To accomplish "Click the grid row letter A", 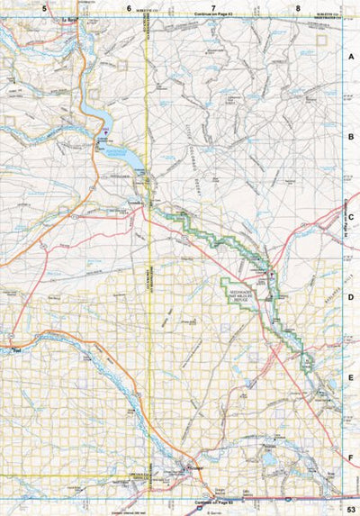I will (x=351, y=56).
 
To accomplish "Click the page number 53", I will (x=348, y=509).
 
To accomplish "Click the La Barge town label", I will (x=67, y=19).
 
